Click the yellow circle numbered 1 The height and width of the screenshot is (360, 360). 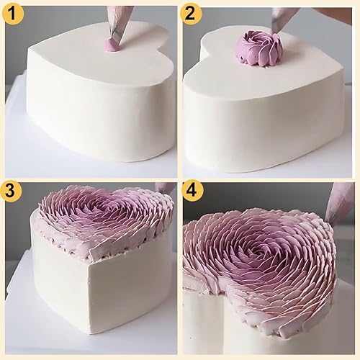click(12, 13)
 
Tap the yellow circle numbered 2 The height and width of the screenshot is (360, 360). click(190, 13)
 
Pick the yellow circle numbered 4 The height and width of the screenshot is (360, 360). click(192, 191)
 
